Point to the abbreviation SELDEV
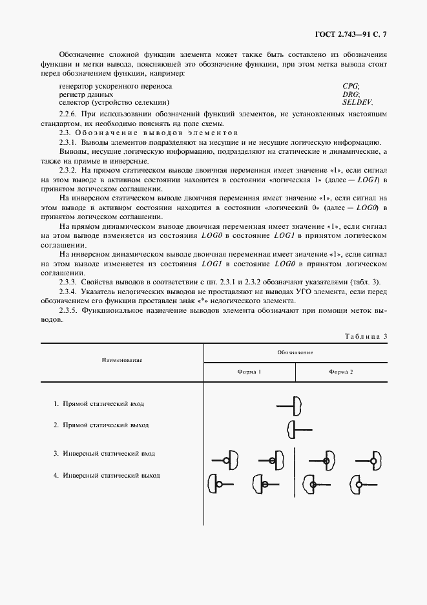click(x=357, y=103)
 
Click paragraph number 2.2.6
click(x=68, y=114)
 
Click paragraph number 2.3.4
click(x=68, y=293)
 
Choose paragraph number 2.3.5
click(x=68, y=311)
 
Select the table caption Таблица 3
click(x=366, y=336)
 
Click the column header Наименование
click(x=121, y=359)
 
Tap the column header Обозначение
click(x=295, y=353)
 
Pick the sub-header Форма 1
click(x=249, y=372)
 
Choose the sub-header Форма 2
click(x=340, y=372)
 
